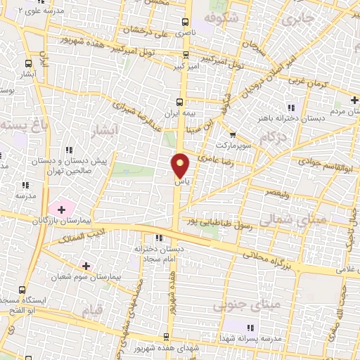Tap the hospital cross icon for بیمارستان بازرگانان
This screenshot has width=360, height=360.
(x=61, y=209)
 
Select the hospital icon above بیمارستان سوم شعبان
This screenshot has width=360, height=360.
(x=86, y=266)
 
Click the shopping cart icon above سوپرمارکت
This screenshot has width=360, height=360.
(x=233, y=134)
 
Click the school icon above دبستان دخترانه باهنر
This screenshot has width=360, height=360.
(x=289, y=107)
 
